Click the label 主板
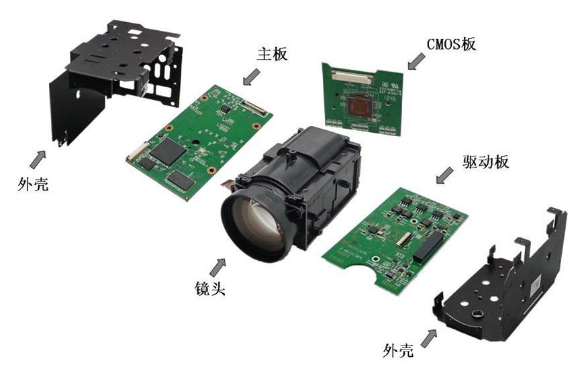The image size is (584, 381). [x=272, y=54]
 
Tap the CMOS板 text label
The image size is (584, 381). [x=451, y=44]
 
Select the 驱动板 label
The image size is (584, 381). [x=485, y=162]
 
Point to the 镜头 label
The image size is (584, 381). [x=210, y=288]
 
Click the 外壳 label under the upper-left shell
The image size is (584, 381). [x=33, y=183]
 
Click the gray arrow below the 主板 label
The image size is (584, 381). [x=252, y=76]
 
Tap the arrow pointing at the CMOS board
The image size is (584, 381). [x=416, y=61]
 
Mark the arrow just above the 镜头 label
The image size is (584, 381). [x=217, y=268]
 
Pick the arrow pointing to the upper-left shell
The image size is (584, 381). [x=38, y=159]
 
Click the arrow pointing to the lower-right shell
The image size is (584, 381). [x=429, y=339]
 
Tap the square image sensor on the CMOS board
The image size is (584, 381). [x=361, y=106]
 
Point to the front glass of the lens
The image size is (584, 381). [x=256, y=223]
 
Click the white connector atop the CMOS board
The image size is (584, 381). [x=352, y=76]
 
